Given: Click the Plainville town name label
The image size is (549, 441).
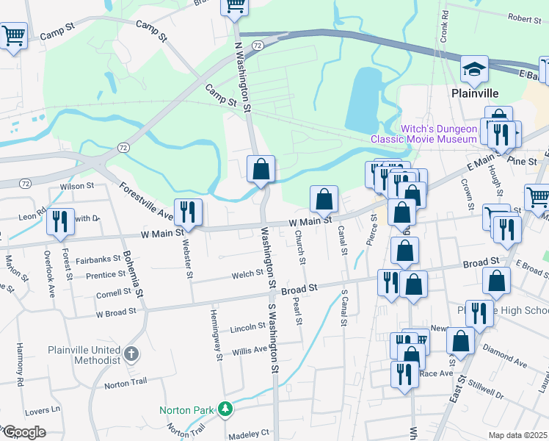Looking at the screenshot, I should coord(474,93).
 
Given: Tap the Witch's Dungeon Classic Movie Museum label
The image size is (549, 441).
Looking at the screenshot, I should coord(424,134).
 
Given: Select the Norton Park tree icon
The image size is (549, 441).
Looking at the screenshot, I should coord(228,408).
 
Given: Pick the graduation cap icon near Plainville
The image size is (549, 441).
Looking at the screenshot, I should coord(475,70).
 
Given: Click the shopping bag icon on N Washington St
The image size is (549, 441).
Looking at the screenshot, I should coord(261,169).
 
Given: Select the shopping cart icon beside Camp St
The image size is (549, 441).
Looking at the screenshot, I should coord(13,35).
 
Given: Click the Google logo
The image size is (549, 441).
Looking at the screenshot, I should coord(23,433).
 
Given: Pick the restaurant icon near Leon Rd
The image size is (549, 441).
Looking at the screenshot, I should coord(60,222).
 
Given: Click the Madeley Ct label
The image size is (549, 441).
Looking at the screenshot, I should coord(250,433).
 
